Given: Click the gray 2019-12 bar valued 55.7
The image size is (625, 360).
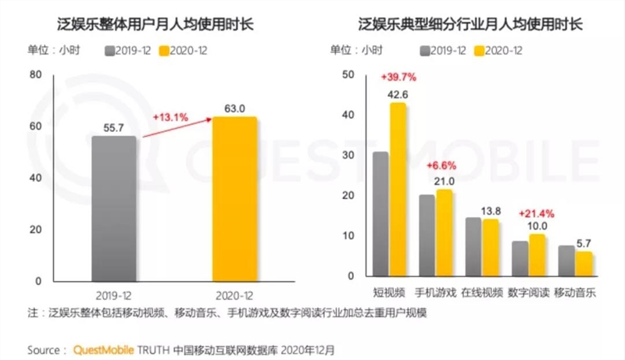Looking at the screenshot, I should (x=113, y=208).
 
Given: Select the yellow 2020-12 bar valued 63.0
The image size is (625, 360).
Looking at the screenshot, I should (x=234, y=198).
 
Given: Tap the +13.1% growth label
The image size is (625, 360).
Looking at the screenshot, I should (x=170, y=118).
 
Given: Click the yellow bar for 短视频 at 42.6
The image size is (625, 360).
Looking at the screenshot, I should (x=398, y=191).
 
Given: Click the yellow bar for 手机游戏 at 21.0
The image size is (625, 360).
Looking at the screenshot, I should (x=445, y=233).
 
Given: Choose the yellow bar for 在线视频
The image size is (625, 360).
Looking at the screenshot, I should (x=491, y=248).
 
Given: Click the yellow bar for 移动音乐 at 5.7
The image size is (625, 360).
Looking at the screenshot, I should (x=584, y=265).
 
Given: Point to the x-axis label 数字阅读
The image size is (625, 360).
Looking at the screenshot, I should (x=528, y=294).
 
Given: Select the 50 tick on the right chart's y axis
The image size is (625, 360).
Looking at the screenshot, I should (x=349, y=75).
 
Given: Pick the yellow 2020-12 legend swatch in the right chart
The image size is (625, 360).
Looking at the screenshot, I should (x=477, y=52).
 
